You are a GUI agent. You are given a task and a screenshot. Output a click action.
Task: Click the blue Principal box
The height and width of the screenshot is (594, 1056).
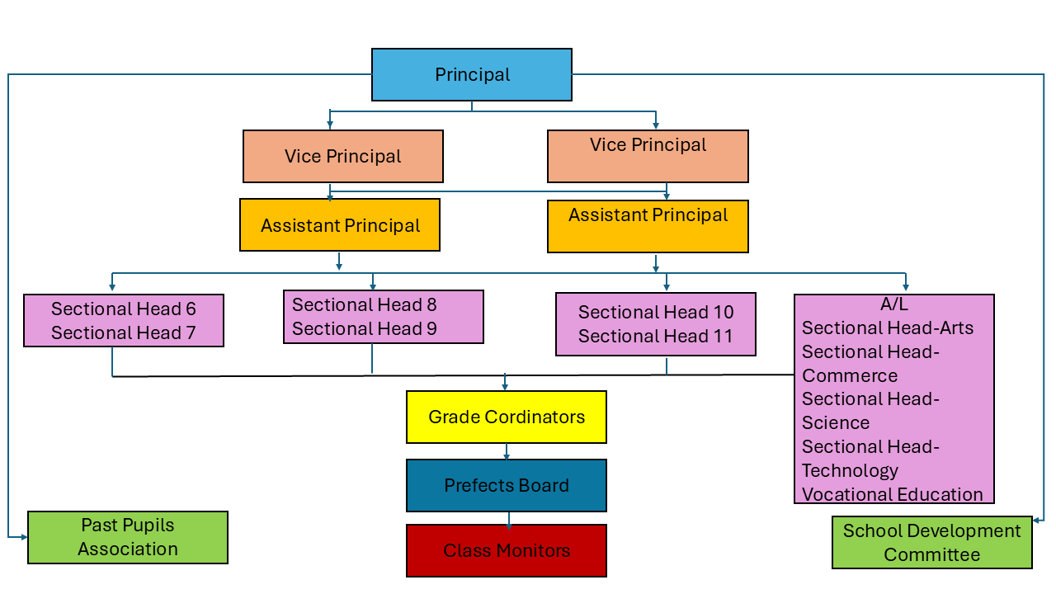click(471, 74)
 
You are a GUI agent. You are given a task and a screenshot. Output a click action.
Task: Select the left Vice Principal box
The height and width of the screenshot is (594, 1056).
click(342, 156)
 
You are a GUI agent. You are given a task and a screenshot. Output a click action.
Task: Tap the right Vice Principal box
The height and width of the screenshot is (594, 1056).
click(648, 156)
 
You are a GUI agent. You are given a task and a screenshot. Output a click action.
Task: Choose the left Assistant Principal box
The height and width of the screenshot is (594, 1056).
click(339, 225)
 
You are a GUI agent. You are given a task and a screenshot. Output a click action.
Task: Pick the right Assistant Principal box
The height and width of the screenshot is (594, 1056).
click(648, 226)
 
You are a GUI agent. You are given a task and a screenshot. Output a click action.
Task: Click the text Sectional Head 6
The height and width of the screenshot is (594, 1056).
click(124, 309)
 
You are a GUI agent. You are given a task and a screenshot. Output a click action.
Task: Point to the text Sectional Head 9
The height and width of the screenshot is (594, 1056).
click(364, 328)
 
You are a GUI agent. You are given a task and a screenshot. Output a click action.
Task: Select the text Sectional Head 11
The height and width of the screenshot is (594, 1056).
click(655, 336)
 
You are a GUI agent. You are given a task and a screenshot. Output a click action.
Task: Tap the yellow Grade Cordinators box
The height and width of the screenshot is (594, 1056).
click(506, 417)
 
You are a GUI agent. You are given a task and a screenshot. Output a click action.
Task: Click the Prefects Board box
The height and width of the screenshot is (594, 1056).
click(506, 485)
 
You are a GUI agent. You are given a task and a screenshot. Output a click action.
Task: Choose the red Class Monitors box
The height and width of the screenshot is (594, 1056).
click(506, 550)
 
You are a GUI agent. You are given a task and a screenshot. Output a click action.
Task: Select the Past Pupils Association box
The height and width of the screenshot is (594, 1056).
click(127, 537)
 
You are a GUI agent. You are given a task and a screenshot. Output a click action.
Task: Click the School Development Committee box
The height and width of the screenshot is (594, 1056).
click(931, 542)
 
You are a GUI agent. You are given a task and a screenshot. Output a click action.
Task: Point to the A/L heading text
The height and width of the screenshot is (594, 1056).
click(893, 304)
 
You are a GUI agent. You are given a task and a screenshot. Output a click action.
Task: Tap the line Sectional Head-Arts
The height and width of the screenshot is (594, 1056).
click(887, 328)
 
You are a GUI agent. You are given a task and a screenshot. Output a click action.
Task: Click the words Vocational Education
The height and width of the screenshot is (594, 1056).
click(892, 494)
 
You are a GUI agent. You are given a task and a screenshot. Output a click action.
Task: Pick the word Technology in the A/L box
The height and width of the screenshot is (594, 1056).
click(850, 470)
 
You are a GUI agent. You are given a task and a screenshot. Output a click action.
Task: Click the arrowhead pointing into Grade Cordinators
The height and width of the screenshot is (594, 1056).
click(505, 386)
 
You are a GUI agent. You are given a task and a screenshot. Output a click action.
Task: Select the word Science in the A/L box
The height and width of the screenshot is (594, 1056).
click(835, 422)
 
